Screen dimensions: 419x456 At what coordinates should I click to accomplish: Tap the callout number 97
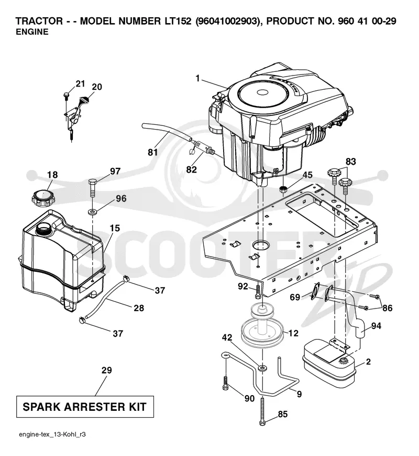pos(115,171)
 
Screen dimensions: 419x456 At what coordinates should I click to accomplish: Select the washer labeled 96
pos(92,211)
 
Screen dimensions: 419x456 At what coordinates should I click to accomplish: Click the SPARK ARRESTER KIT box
pos(85,407)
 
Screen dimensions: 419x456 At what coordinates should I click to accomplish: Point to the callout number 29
pos(106,370)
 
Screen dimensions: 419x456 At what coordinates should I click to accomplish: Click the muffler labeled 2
pos(329,364)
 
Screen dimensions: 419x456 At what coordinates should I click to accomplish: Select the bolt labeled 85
pos(262,411)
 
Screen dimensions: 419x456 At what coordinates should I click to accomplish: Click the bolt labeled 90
pos(226,383)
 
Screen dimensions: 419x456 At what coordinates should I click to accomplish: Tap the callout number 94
pos(376,326)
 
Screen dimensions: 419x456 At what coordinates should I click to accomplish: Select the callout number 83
pos(350,162)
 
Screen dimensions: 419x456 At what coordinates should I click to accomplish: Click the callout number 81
pos(153,152)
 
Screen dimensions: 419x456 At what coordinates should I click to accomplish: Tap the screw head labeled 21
pos(66,95)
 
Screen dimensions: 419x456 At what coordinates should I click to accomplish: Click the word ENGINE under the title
pos(32,32)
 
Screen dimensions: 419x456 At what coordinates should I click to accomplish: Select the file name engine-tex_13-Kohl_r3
pos(52,434)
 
